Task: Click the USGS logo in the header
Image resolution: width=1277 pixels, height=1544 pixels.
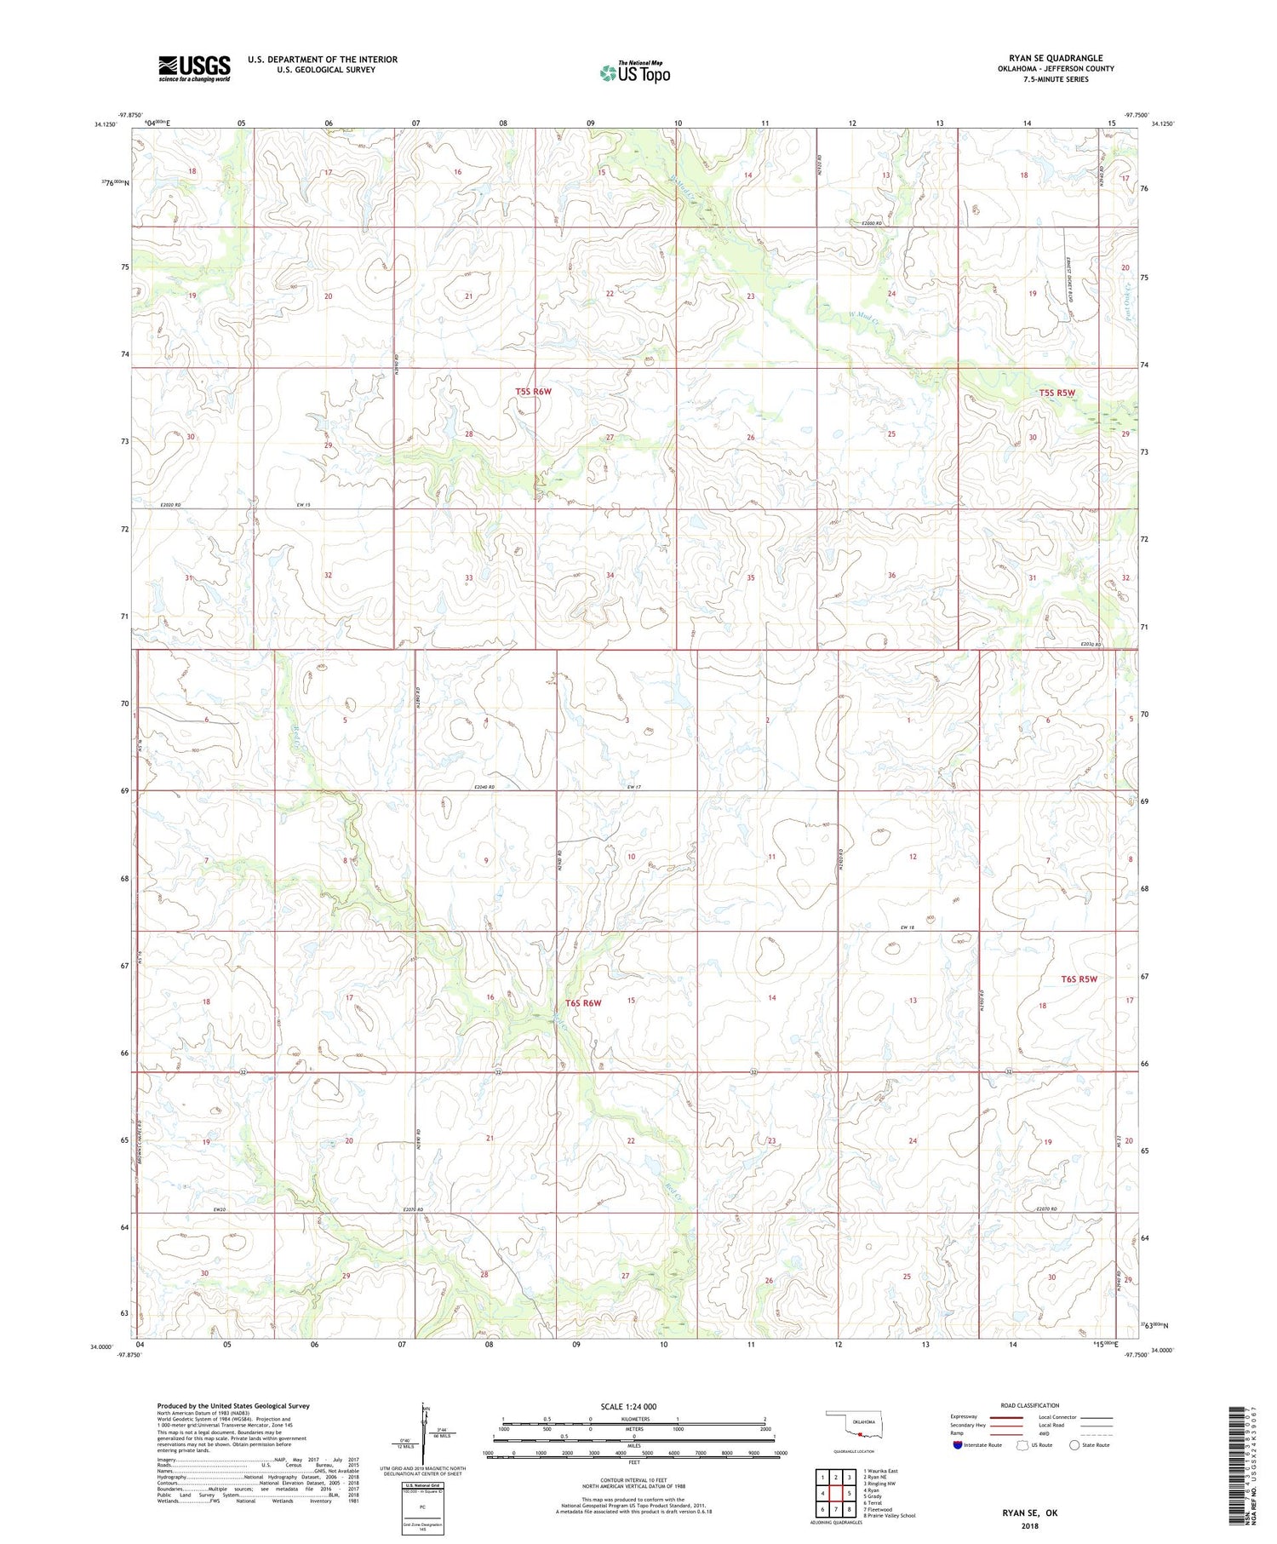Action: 193,68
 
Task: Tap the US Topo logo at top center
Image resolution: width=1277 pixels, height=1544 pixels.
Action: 634,73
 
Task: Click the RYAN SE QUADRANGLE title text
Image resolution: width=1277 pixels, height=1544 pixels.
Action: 1055,58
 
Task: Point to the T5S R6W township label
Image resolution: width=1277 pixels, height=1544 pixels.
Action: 533,392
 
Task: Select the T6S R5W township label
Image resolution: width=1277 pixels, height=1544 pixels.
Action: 1079,979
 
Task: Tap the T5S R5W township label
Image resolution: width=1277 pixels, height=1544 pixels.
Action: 1057,393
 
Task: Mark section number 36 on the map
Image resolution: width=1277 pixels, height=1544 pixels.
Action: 891,576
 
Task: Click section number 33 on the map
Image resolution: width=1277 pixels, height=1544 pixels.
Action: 468,578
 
